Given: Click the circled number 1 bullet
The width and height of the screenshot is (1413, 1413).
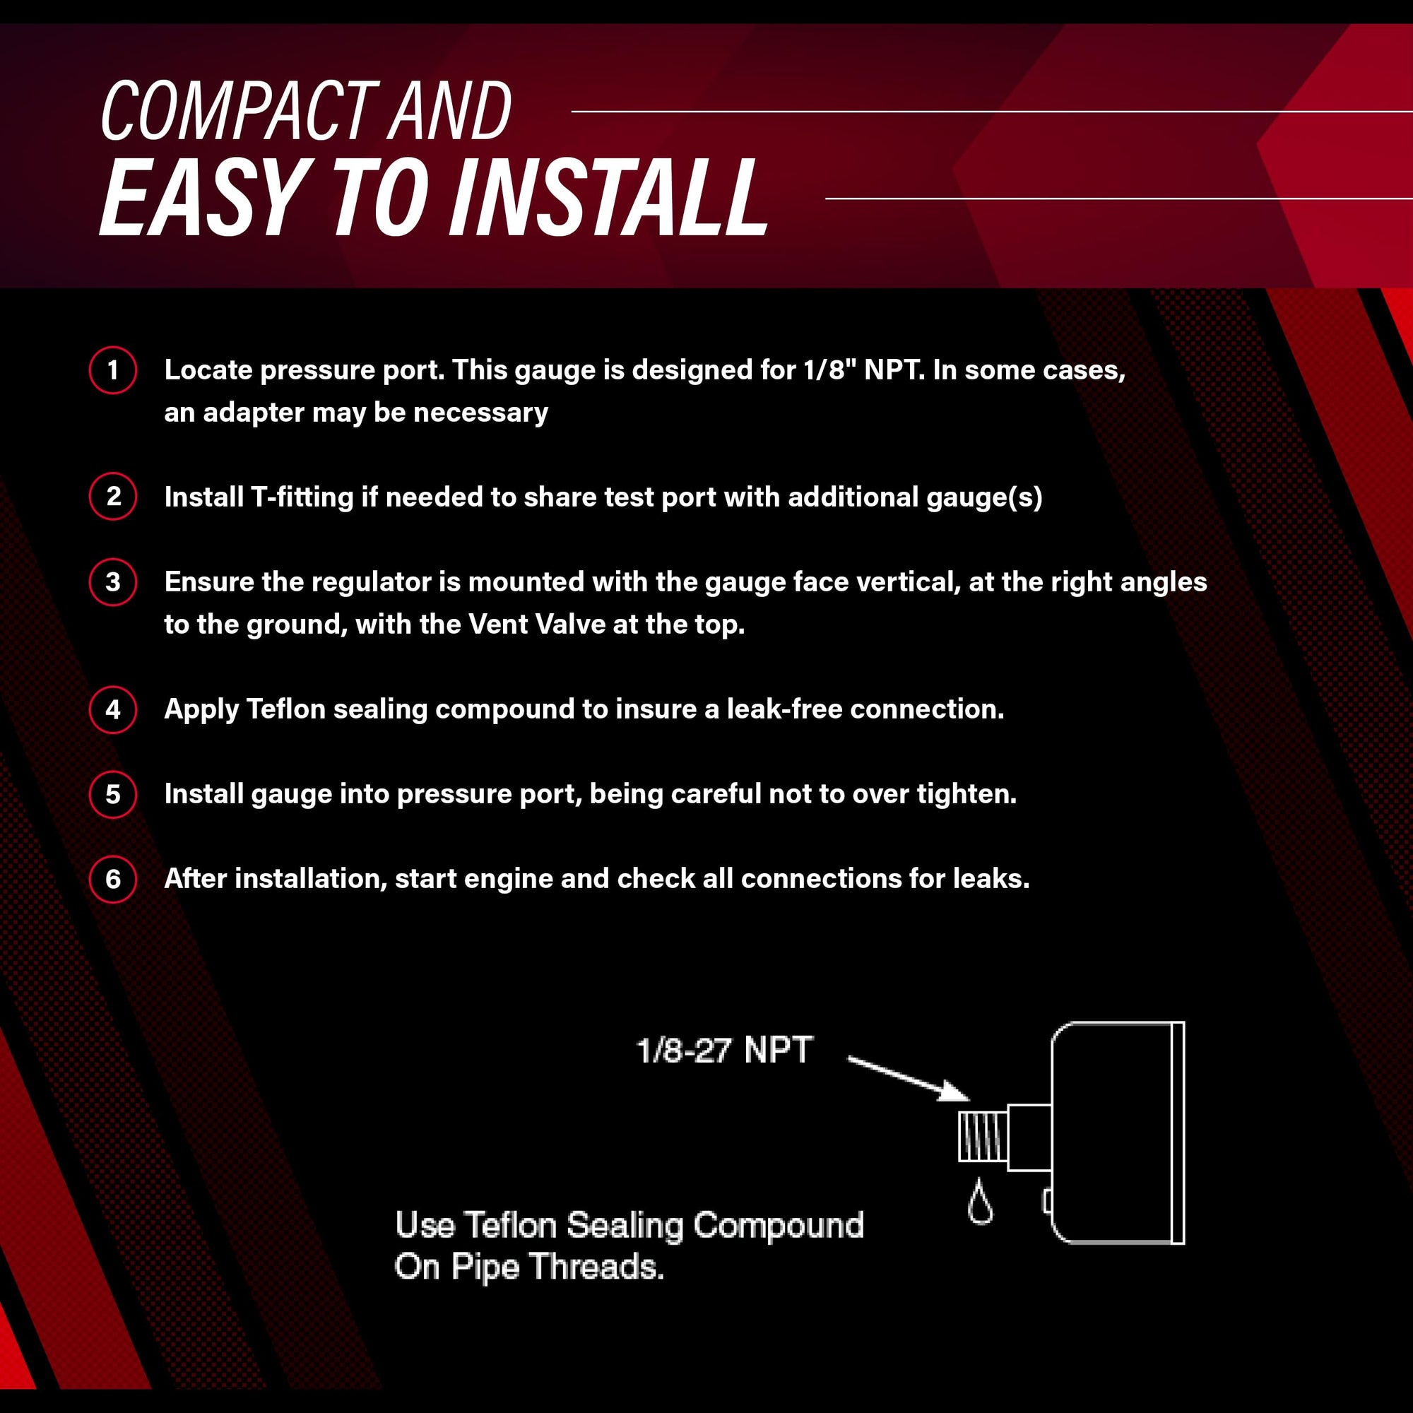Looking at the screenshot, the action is pos(112,370).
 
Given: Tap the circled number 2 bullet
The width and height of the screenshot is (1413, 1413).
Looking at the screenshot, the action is pos(112,497).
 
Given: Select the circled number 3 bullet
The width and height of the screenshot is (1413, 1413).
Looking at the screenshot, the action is pos(112,581).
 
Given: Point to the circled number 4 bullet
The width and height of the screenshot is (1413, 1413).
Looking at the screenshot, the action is pos(112,709).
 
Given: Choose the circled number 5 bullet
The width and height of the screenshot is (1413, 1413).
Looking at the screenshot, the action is pos(112,793).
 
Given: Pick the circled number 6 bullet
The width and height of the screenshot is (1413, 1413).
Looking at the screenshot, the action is pos(112,878).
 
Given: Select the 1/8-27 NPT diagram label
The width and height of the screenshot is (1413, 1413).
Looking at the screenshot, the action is pos(724,1051).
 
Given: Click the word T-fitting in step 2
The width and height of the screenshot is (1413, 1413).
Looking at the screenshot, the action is pos(302,497).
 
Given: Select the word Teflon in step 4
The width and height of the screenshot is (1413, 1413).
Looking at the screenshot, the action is pos(286,709).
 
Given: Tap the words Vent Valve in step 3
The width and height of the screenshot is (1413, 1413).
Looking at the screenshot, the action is pos(537,624).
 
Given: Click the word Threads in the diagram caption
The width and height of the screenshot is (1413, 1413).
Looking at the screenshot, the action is pos(596,1266).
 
